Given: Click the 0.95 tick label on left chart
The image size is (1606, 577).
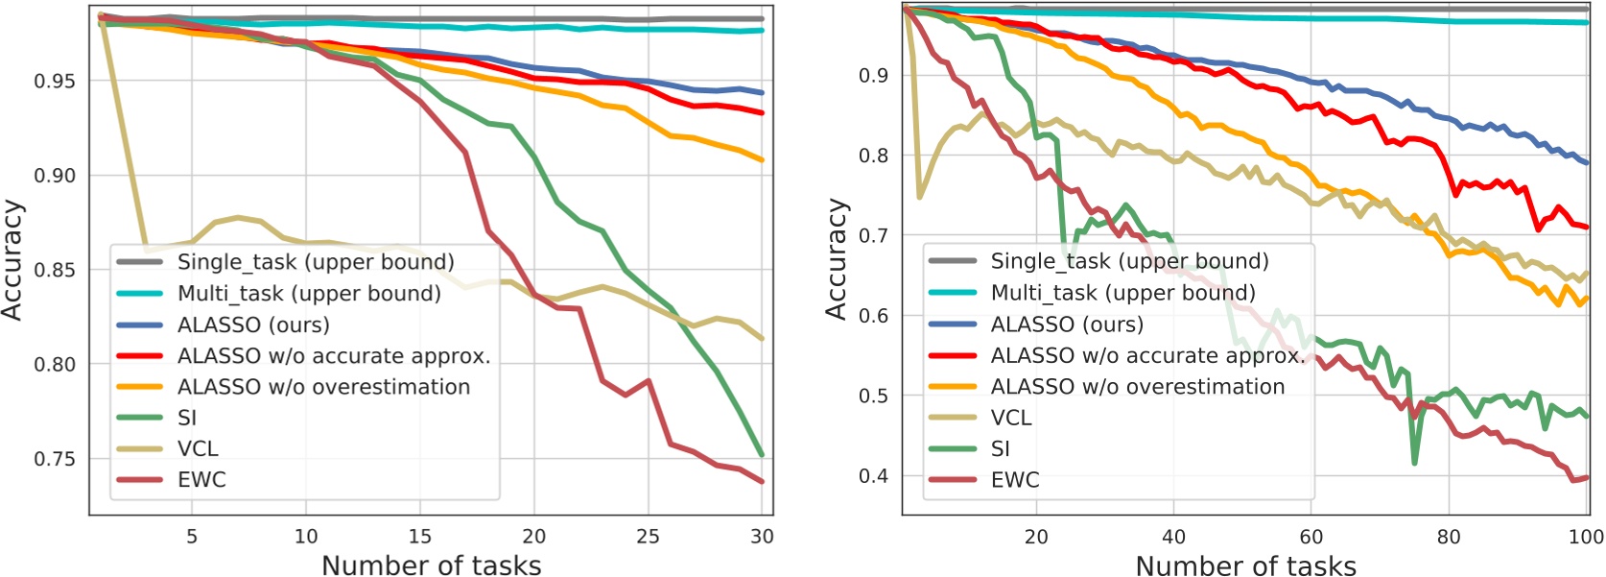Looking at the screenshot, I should tap(54, 82).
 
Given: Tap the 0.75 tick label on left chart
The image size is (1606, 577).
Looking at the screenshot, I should tap(54, 459).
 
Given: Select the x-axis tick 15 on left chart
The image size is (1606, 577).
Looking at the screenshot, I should tap(420, 537).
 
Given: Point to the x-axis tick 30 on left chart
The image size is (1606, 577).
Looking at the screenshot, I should tap(762, 537).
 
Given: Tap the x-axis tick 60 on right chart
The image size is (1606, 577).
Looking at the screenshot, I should tap(1311, 537).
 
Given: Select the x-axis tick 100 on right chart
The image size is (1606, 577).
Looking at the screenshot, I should tap(1585, 537).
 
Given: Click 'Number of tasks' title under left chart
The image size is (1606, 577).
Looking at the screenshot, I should tap(431, 565).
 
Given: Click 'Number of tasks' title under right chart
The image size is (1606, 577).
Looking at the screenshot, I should tap(1245, 565).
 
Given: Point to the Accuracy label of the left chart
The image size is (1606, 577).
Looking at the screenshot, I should tap(12, 259).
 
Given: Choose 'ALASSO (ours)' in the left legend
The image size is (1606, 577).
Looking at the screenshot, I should tap(253, 325).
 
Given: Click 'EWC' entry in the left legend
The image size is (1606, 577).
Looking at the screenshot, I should tap(201, 480).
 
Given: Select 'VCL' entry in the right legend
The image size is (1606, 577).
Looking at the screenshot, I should tap(1011, 418).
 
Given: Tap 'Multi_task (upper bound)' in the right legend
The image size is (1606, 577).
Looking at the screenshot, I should tap(1122, 293).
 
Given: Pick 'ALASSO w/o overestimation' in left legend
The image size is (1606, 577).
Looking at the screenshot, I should tap(323, 387).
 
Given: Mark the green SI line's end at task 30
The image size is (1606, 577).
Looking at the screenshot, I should tap(762, 454).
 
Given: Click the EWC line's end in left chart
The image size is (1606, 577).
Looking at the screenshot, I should tap(762, 482).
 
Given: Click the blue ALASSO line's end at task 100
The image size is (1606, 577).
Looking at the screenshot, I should tap(1586, 162).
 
